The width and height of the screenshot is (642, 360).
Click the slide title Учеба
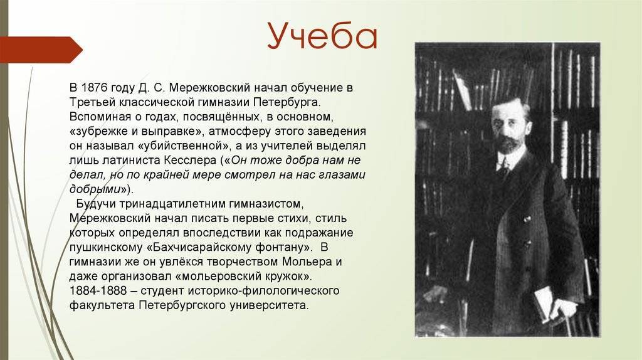pos(322,35)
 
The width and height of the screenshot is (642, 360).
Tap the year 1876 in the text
pos(95,88)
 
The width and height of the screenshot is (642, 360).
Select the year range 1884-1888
pos(98,291)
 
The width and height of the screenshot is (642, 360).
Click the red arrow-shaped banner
pos(41,50)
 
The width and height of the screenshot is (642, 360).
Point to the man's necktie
pos(505,169)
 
